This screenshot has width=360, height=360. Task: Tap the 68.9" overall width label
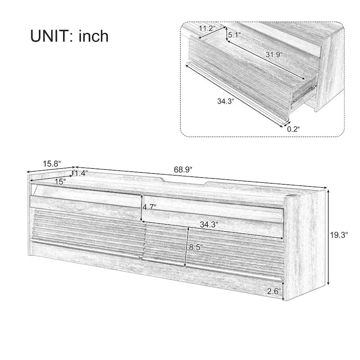[x=183, y=170]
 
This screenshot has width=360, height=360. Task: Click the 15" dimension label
[x=59, y=181]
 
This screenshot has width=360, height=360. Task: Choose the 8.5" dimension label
[x=196, y=247]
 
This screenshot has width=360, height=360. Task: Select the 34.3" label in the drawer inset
[x=226, y=101]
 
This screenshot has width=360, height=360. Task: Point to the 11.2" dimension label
[x=207, y=28]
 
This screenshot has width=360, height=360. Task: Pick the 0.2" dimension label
[x=293, y=129]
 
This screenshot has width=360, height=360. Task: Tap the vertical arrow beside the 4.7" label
[x=141, y=207]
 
